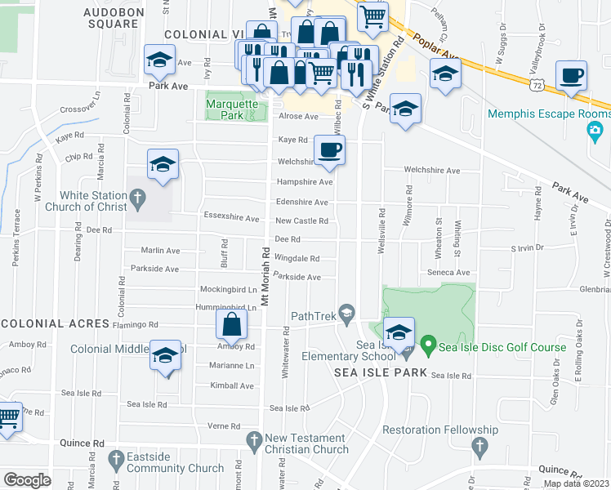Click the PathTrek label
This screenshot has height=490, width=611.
tap(314, 315)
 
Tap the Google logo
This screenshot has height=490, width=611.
tap(27, 480)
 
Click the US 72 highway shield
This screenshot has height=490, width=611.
tap(535, 84)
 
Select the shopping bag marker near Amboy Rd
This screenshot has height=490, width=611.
tap(232, 325)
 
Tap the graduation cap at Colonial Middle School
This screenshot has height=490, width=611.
tap(165, 357)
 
